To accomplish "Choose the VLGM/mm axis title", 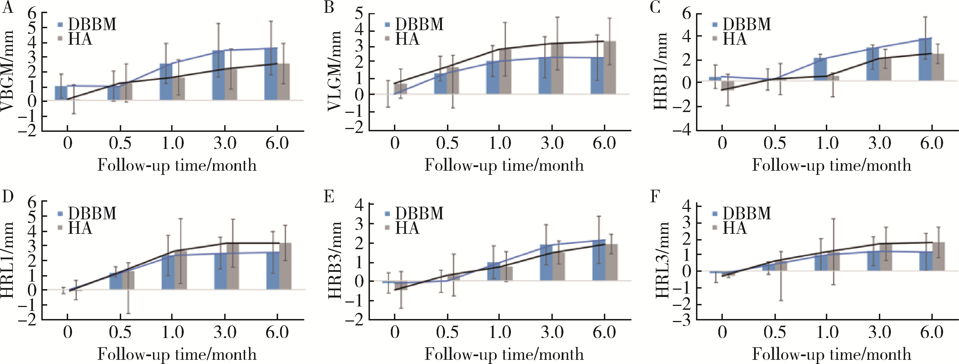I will click(335, 71).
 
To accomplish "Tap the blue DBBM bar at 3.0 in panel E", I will click(546, 268).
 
